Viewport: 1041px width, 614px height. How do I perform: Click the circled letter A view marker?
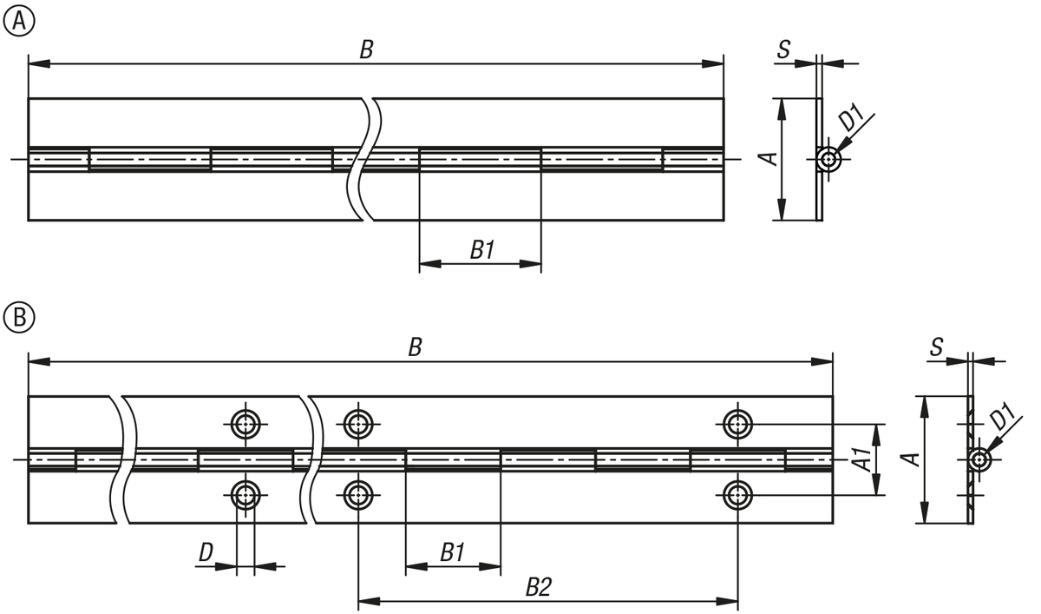tap(18, 21)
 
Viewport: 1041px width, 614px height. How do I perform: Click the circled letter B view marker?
tap(18, 318)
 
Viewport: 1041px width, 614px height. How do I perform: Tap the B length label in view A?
tap(367, 50)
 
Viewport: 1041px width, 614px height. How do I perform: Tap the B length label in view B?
tap(415, 347)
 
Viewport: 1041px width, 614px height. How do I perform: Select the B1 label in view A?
tap(482, 250)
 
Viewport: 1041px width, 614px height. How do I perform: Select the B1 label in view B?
tap(452, 552)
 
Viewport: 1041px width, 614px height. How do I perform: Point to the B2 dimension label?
tap(539, 587)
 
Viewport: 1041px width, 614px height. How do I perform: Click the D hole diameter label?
tap(206, 552)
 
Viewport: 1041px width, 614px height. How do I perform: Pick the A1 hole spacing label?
tap(862, 459)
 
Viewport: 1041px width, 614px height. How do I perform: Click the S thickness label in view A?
tap(783, 50)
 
